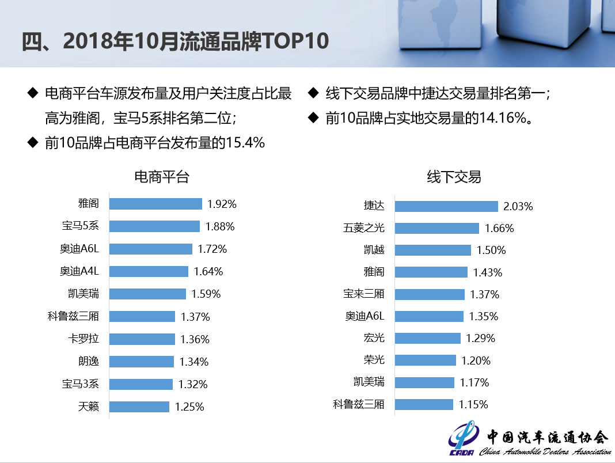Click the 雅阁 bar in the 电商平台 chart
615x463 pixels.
pyautogui.click(x=155, y=204)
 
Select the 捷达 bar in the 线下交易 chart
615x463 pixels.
pyautogui.click(x=446, y=206)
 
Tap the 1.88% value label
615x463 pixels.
pyautogui.click(x=220, y=226)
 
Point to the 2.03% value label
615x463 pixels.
pyautogui.click(x=518, y=206)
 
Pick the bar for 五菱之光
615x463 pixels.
pyautogui.click(x=436, y=228)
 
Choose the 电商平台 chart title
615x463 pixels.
pyautogui.click(x=161, y=177)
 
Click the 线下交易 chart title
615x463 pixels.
pyautogui.click(x=454, y=177)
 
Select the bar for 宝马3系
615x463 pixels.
pyautogui.click(x=141, y=384)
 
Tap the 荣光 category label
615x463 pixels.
pyautogui.click(x=374, y=360)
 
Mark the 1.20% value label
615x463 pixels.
pyautogui.click(x=476, y=361)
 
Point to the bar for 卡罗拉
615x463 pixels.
pyautogui.click(x=142, y=339)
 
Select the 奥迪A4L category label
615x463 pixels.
pyautogui.click(x=79, y=271)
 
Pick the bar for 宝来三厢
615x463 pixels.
pyautogui.click(x=430, y=294)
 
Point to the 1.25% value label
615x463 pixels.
pyautogui.click(x=189, y=407)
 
